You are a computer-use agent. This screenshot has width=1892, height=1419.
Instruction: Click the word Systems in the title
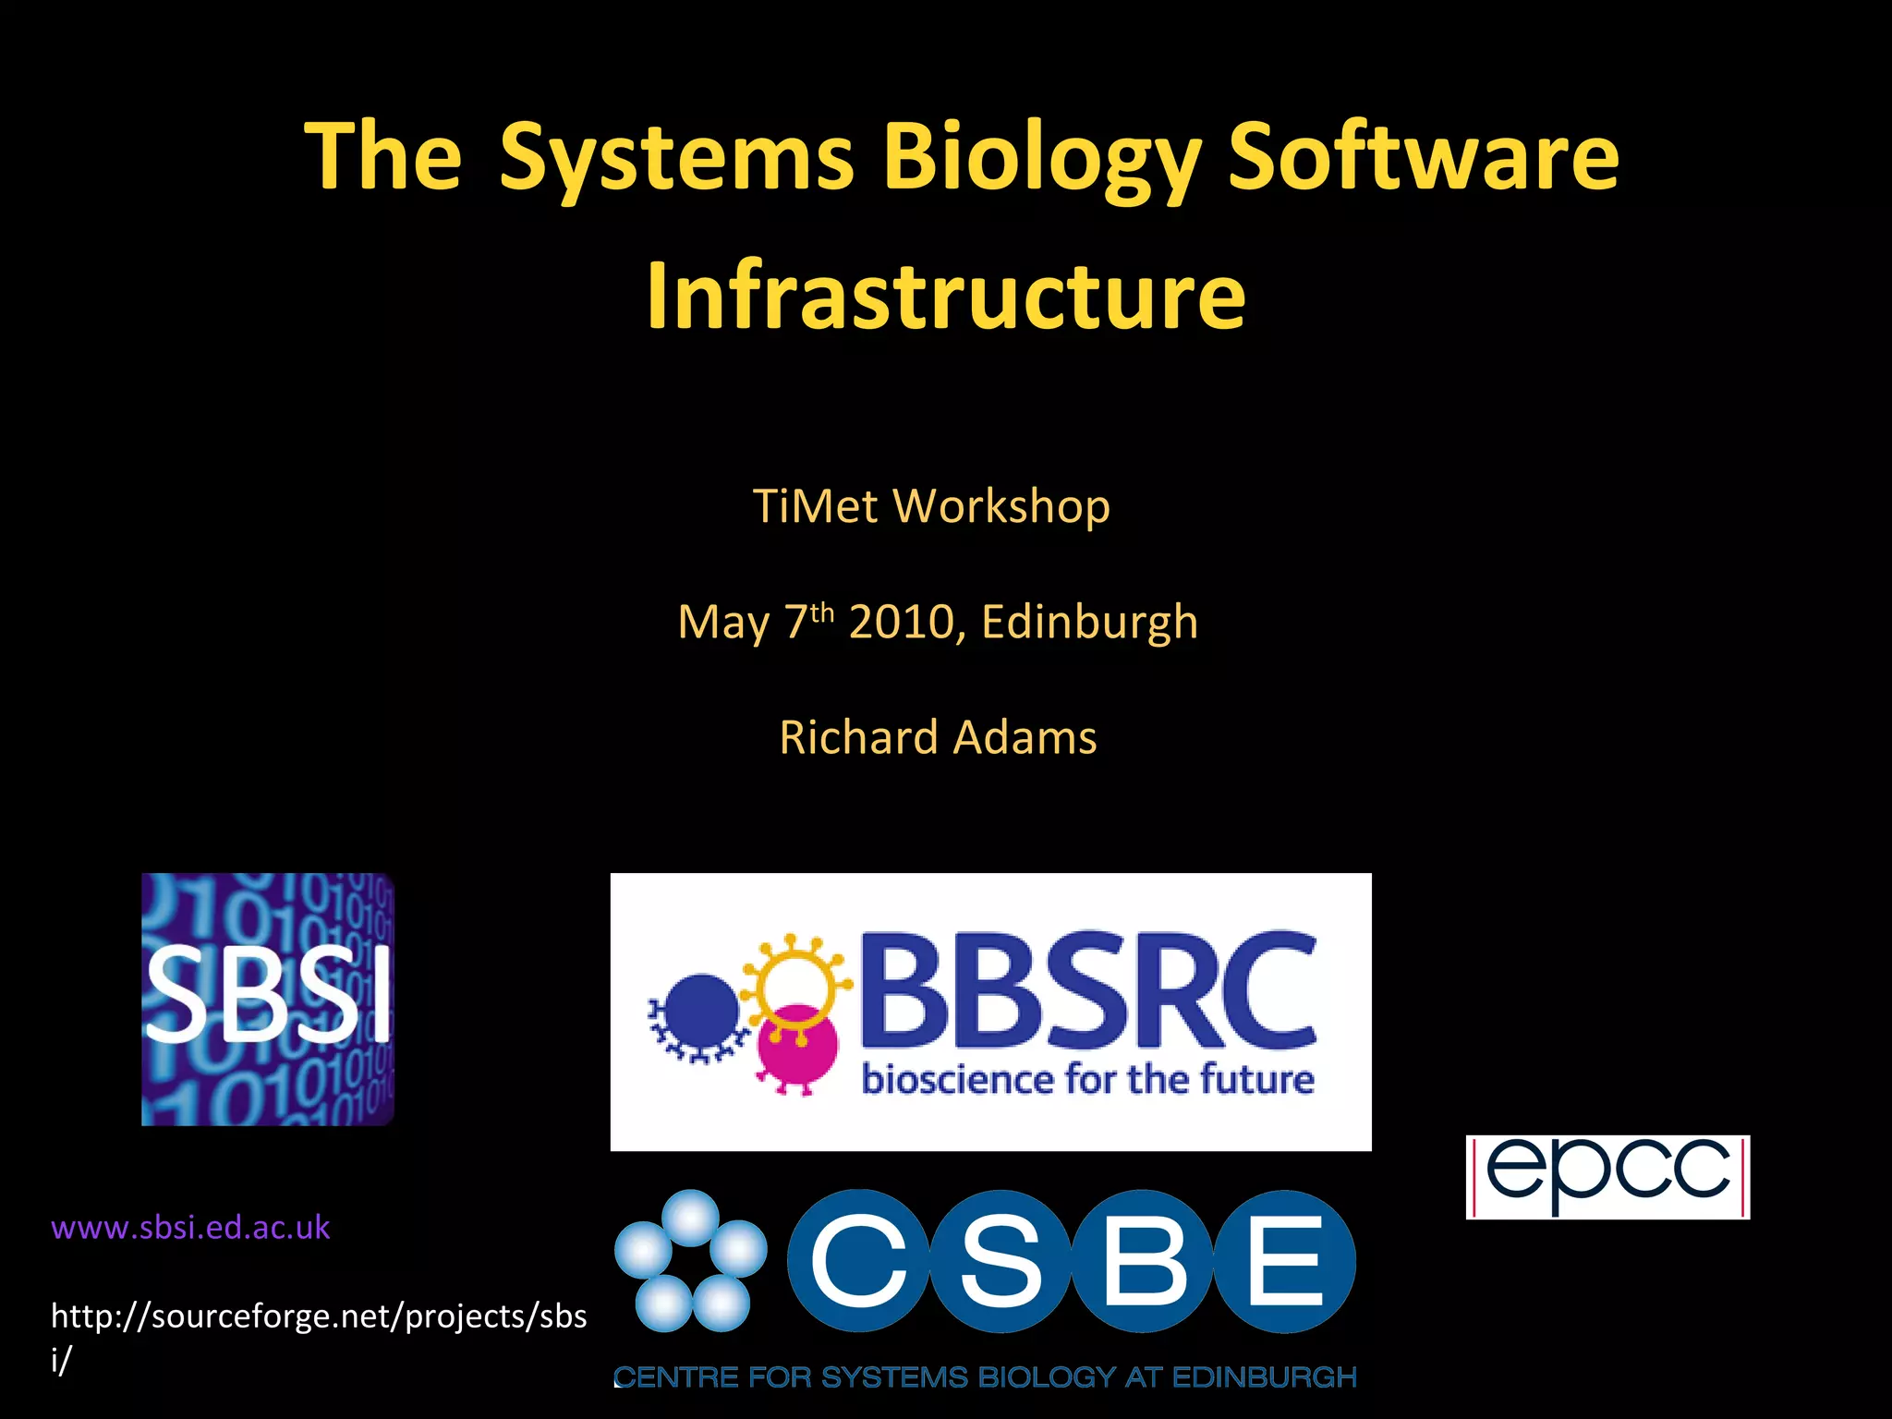coord(677,159)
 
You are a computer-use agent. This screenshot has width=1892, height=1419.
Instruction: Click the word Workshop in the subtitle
coord(1001,508)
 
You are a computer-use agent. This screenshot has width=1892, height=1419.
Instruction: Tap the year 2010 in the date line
coord(902,622)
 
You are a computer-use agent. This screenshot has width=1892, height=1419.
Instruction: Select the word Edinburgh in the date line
coord(1089,622)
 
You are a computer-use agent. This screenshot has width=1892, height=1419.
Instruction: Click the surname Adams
coord(1025,738)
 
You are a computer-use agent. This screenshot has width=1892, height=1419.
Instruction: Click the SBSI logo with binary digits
coord(268,1000)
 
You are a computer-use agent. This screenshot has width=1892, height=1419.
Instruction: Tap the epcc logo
coord(1607,1176)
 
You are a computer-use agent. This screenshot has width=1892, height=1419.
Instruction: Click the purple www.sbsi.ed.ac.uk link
coord(190,1228)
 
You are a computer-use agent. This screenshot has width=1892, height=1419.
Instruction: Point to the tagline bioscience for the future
coord(1087,1079)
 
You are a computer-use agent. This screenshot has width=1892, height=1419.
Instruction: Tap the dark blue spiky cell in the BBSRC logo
coord(700,1010)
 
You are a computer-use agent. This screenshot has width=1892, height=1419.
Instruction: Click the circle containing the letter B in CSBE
coord(1143,1261)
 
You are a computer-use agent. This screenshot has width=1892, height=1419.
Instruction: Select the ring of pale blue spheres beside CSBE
coord(690,1260)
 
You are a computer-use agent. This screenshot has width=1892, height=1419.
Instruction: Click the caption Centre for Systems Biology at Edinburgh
coord(985,1377)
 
